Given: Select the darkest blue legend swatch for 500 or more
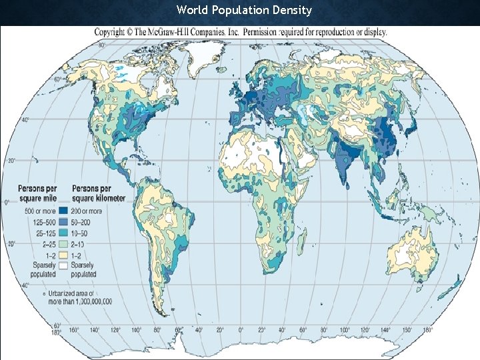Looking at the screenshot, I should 65,212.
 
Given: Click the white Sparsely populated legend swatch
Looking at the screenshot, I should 65,265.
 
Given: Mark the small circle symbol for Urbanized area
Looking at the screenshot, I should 43,293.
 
